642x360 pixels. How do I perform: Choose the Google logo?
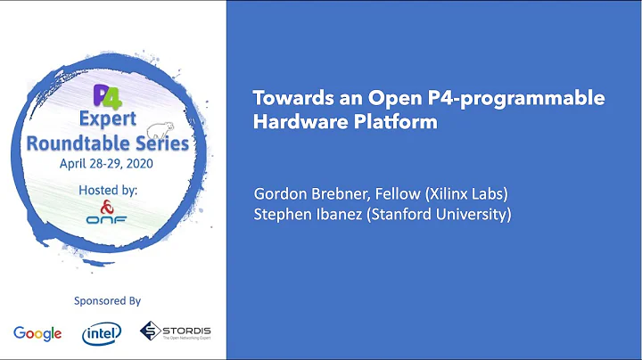coord(37,333)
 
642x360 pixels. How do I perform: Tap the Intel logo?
coord(102,333)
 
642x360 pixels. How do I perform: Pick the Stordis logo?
coord(175,332)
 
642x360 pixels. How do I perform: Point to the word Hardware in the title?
coord(293,122)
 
